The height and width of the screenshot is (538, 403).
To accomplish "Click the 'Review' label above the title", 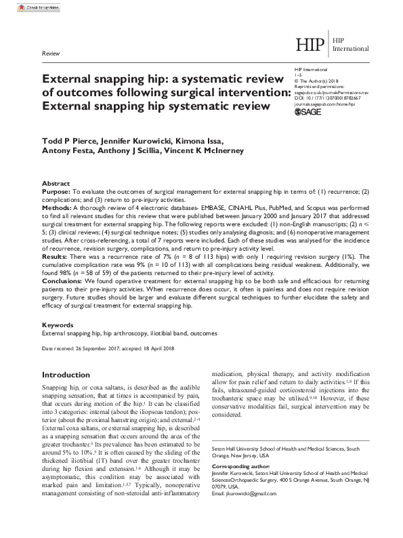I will (x=50, y=52).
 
